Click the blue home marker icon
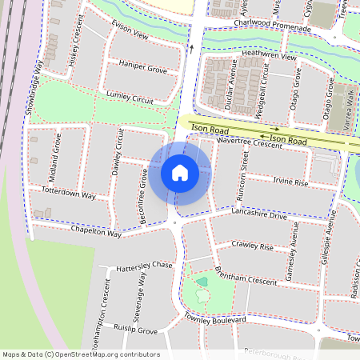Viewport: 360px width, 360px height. [180, 173]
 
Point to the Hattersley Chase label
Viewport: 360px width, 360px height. [144, 266]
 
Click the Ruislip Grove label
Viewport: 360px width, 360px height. [136, 329]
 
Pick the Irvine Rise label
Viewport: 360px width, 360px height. [290, 182]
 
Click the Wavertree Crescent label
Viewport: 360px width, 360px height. [250, 142]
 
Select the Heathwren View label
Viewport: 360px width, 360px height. [269, 57]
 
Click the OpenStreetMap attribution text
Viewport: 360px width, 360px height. [81, 354]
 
